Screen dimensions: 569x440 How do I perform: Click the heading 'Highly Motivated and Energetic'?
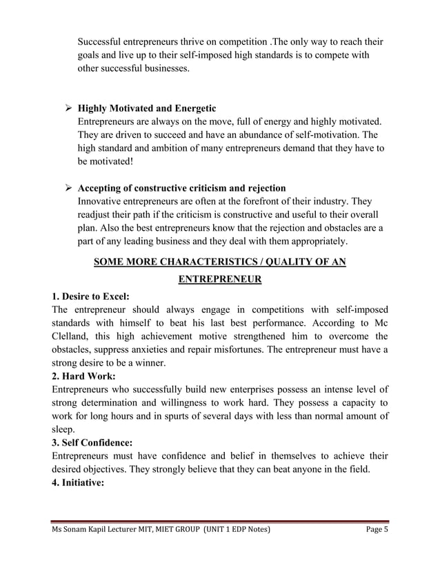[147, 109]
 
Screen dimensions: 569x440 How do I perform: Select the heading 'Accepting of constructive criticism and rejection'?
[181, 188]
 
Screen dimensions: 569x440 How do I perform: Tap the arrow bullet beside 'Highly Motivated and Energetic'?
[68, 109]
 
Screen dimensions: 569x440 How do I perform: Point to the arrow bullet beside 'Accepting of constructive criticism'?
[68, 188]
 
